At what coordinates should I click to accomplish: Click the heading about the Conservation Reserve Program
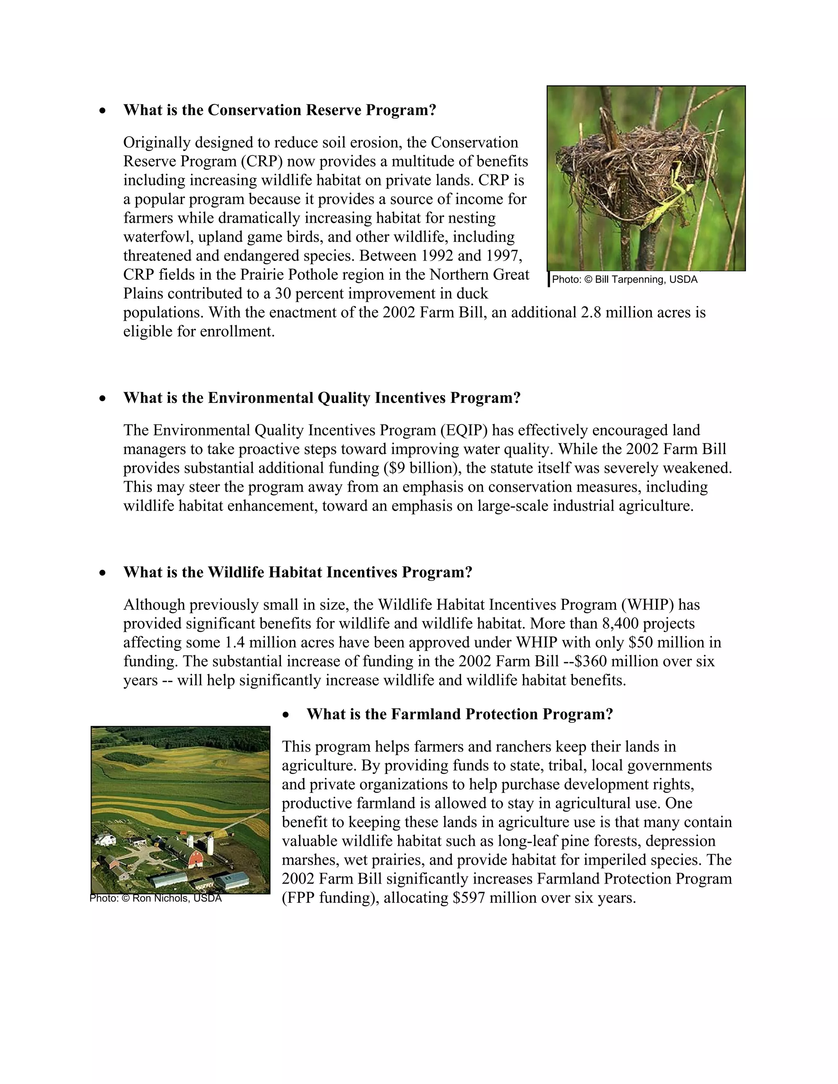tap(279, 110)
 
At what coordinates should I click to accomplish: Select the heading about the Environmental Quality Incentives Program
tap(322, 398)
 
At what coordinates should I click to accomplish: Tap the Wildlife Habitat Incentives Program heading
tap(297, 572)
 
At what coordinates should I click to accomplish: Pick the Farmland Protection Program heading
tap(460, 714)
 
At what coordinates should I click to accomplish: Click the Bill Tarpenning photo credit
tap(624, 279)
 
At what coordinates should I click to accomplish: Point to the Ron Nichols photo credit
tap(156, 898)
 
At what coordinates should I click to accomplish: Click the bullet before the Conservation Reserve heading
tap(102, 111)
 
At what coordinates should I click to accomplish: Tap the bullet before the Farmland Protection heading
tap(286, 715)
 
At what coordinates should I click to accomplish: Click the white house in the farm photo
tap(107, 840)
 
